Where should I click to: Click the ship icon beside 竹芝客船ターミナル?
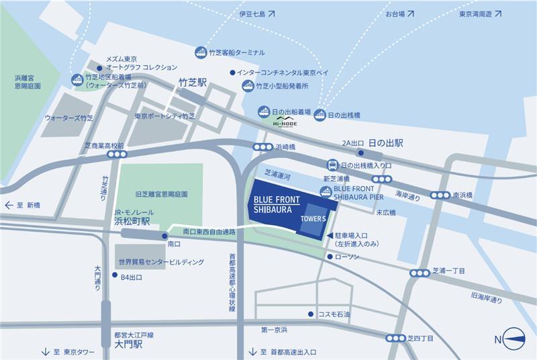click(x=200, y=52)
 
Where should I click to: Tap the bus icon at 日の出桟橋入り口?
click(x=332, y=165)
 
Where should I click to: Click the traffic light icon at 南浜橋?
click(x=440, y=195)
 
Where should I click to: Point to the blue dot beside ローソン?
click(x=330, y=257)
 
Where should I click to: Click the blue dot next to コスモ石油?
click(x=310, y=314)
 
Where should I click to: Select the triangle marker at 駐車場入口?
click(x=329, y=235)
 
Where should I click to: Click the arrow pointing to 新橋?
click(x=9, y=205)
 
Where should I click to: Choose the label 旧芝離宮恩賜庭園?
click(x=160, y=193)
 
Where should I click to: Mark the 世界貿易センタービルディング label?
click(x=160, y=262)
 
